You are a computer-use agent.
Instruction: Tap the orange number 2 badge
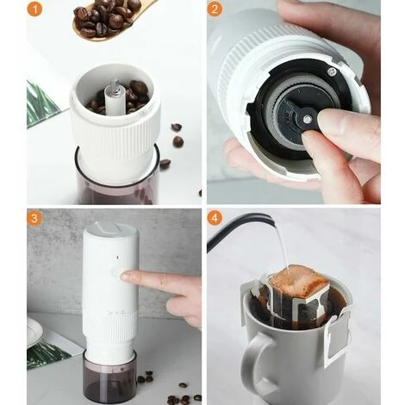point(215,10)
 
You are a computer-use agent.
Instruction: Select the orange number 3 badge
point(34,218)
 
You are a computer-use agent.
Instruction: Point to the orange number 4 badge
point(215,218)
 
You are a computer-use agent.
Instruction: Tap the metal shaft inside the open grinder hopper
point(110,92)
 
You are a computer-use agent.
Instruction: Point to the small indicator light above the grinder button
point(110,256)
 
